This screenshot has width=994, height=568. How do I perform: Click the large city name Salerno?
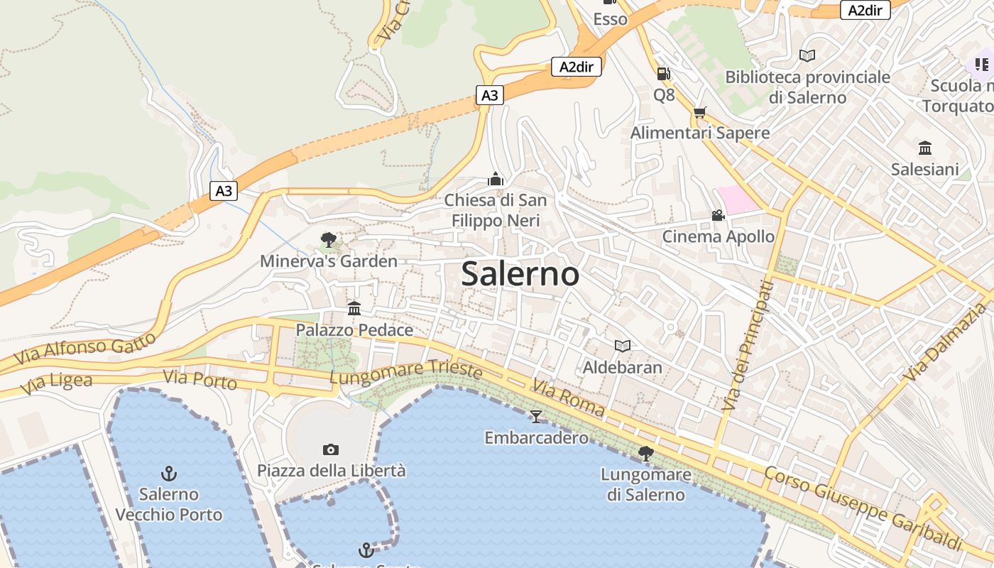[520, 274]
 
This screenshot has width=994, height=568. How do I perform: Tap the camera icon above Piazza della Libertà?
[330, 449]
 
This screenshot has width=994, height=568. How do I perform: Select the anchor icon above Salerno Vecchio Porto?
[169, 474]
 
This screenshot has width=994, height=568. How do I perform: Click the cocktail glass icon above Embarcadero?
[536, 416]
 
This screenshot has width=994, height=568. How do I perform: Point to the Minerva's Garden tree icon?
[328, 240]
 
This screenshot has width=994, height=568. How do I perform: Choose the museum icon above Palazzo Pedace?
[354, 308]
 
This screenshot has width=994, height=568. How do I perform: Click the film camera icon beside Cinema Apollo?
[718, 215]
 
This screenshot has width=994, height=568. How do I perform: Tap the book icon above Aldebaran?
[623, 346]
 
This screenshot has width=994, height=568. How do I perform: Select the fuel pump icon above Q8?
[663, 73]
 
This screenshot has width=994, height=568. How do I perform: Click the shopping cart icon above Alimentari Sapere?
[700, 112]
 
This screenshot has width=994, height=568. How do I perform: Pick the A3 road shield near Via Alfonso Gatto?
[224, 190]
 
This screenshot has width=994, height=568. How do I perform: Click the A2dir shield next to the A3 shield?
[577, 67]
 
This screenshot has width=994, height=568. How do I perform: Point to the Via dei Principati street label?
[748, 346]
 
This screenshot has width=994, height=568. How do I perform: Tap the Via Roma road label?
[568, 398]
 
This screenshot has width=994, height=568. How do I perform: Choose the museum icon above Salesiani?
[924, 148]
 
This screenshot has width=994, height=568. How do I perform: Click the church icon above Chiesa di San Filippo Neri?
[496, 179]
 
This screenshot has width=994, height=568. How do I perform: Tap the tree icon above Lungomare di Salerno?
[645, 453]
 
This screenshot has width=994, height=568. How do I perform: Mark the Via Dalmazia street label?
[947, 342]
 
